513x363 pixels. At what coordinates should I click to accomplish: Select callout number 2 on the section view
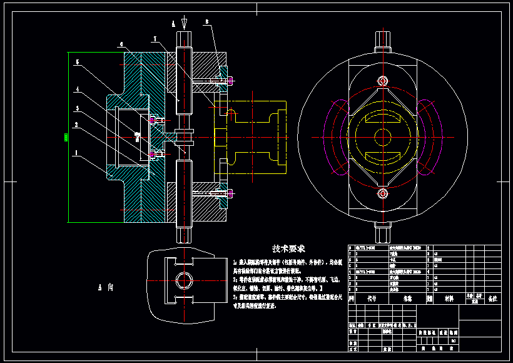(x=76, y=125)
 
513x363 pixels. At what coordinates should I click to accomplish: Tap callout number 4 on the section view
(x=76, y=89)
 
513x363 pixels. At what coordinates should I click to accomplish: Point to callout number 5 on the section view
(x=76, y=63)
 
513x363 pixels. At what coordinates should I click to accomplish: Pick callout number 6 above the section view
(x=122, y=44)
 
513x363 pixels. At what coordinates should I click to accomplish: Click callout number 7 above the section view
(x=154, y=39)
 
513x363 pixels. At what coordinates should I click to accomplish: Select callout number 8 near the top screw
(x=206, y=22)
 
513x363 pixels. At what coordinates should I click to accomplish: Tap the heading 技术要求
(x=288, y=249)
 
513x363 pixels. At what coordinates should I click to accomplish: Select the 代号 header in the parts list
(x=372, y=299)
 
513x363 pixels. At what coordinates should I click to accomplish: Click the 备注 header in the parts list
(x=492, y=299)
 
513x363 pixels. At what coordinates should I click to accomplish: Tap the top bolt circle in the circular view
(x=381, y=81)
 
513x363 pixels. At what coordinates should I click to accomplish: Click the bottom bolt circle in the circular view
(x=381, y=193)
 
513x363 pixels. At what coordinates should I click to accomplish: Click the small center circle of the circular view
(x=381, y=137)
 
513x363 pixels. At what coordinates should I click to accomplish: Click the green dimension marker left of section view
(x=66, y=136)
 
